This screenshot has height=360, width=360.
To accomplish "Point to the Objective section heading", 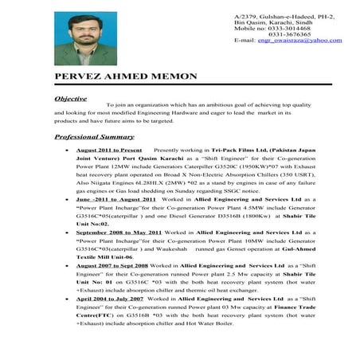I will [71, 98].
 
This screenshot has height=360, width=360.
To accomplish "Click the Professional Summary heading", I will [105, 137].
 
